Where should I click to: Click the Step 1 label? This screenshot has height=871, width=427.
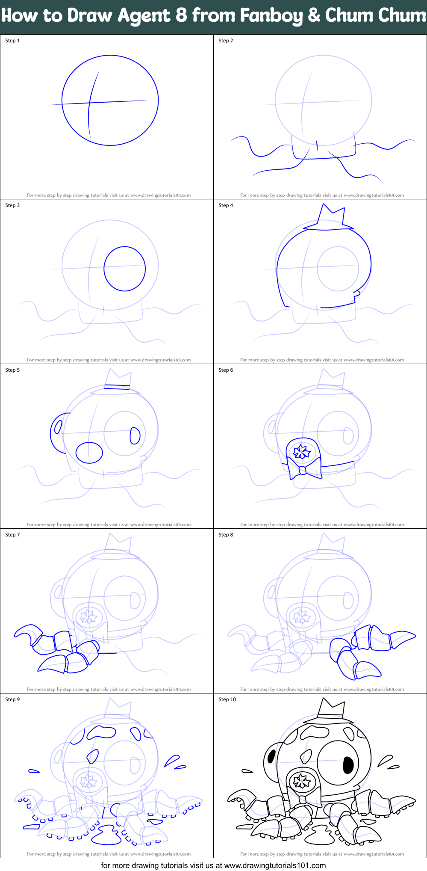click(x=12, y=41)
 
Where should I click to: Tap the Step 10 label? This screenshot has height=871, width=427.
click(x=227, y=699)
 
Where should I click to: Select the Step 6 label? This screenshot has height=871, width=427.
click(x=226, y=370)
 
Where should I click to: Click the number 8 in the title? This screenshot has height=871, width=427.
click(x=181, y=16)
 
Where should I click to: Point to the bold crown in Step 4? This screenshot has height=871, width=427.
click(x=332, y=215)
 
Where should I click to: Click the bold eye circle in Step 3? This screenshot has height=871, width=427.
click(x=125, y=269)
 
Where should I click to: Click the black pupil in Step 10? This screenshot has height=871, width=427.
click(x=348, y=764)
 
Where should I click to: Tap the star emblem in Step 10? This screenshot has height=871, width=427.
click(x=302, y=781)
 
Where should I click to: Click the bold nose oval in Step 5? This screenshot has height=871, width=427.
click(x=89, y=453)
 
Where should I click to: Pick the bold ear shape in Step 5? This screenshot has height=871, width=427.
click(x=58, y=432)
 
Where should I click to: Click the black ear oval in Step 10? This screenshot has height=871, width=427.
click(x=271, y=757)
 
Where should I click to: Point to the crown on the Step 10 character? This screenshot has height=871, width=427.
click(x=331, y=709)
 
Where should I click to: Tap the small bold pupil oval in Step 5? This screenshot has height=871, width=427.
click(x=135, y=435)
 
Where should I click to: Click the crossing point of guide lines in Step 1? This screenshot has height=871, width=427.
click(x=89, y=103)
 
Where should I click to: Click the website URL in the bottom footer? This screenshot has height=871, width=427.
click(x=275, y=865)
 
